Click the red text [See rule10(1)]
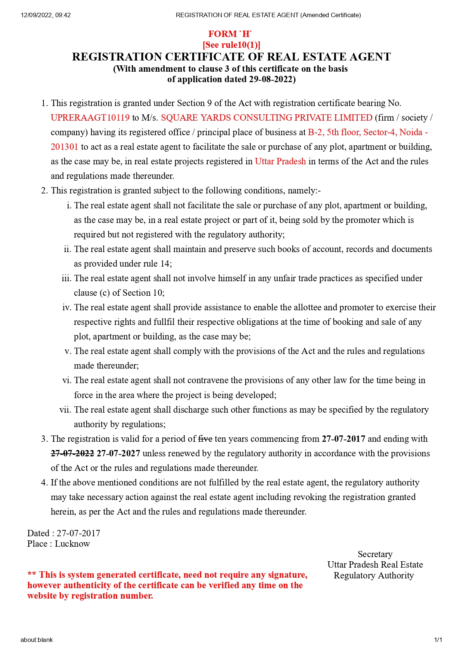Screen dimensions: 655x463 click(x=232, y=45)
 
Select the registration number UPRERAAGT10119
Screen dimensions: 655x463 click(x=90, y=118)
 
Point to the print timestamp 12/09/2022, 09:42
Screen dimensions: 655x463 click(x=46, y=15)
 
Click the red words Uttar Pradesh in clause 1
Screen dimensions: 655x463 click(x=280, y=161)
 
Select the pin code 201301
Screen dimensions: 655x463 click(x=64, y=147)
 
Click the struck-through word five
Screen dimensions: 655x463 click(x=205, y=439)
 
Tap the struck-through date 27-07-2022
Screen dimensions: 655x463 click(x=72, y=453)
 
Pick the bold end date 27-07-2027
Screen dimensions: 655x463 click(x=118, y=453)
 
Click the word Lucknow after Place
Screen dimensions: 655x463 click(x=72, y=544)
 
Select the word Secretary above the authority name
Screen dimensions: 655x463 click(x=375, y=554)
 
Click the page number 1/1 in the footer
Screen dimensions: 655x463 click(x=438, y=640)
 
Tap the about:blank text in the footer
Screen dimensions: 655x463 click(x=37, y=640)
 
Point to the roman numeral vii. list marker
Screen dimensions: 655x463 click(x=65, y=410)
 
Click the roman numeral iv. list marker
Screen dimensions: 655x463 click(x=66, y=307)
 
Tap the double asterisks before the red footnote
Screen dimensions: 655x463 click(x=32, y=575)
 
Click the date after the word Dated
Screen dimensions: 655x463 click(x=78, y=533)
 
